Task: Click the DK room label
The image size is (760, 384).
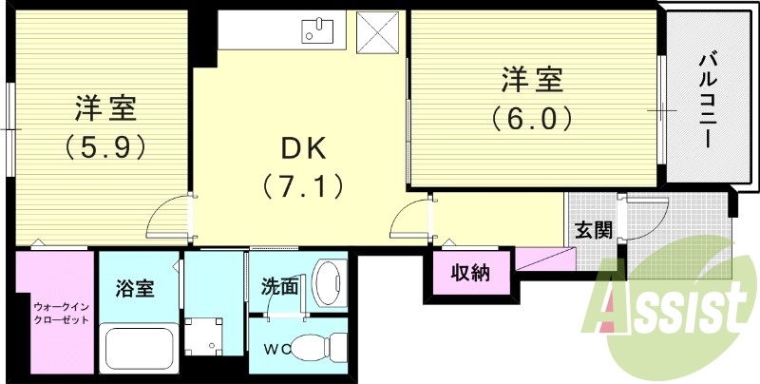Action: [302, 148]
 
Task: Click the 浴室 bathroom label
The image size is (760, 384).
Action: [134, 286]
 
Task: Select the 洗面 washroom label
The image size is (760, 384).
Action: [281, 283]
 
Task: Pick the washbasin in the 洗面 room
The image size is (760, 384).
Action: [328, 281]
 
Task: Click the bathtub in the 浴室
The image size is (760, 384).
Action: [137, 350]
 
